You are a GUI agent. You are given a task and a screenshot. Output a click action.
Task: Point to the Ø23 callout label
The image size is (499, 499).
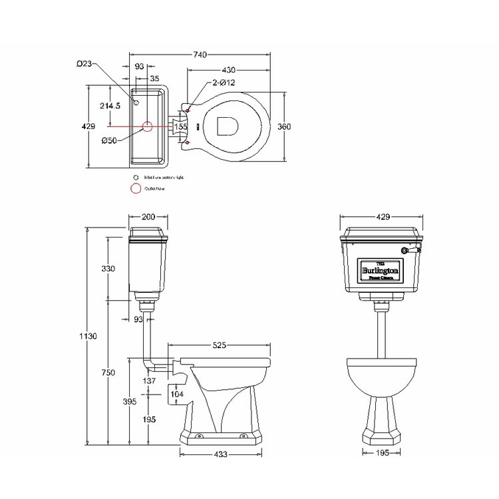84,64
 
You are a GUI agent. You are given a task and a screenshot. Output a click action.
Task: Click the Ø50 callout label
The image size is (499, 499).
109,140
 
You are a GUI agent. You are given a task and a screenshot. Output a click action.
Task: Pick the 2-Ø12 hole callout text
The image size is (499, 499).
224,83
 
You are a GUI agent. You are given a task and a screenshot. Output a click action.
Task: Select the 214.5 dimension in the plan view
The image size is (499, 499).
109,106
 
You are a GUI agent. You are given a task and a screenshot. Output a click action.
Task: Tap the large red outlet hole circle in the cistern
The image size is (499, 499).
148,126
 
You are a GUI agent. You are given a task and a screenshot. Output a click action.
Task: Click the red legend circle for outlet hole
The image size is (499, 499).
136,189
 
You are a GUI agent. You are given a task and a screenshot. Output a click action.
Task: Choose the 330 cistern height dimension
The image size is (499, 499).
108,269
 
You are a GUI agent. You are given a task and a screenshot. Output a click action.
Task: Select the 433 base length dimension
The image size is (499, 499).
221,454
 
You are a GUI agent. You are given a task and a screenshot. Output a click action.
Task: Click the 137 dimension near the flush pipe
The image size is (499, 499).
150,381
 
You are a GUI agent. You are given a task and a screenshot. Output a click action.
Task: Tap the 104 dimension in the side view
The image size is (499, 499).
177,394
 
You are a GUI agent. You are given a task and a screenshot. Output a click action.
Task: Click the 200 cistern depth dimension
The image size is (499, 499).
148,216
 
